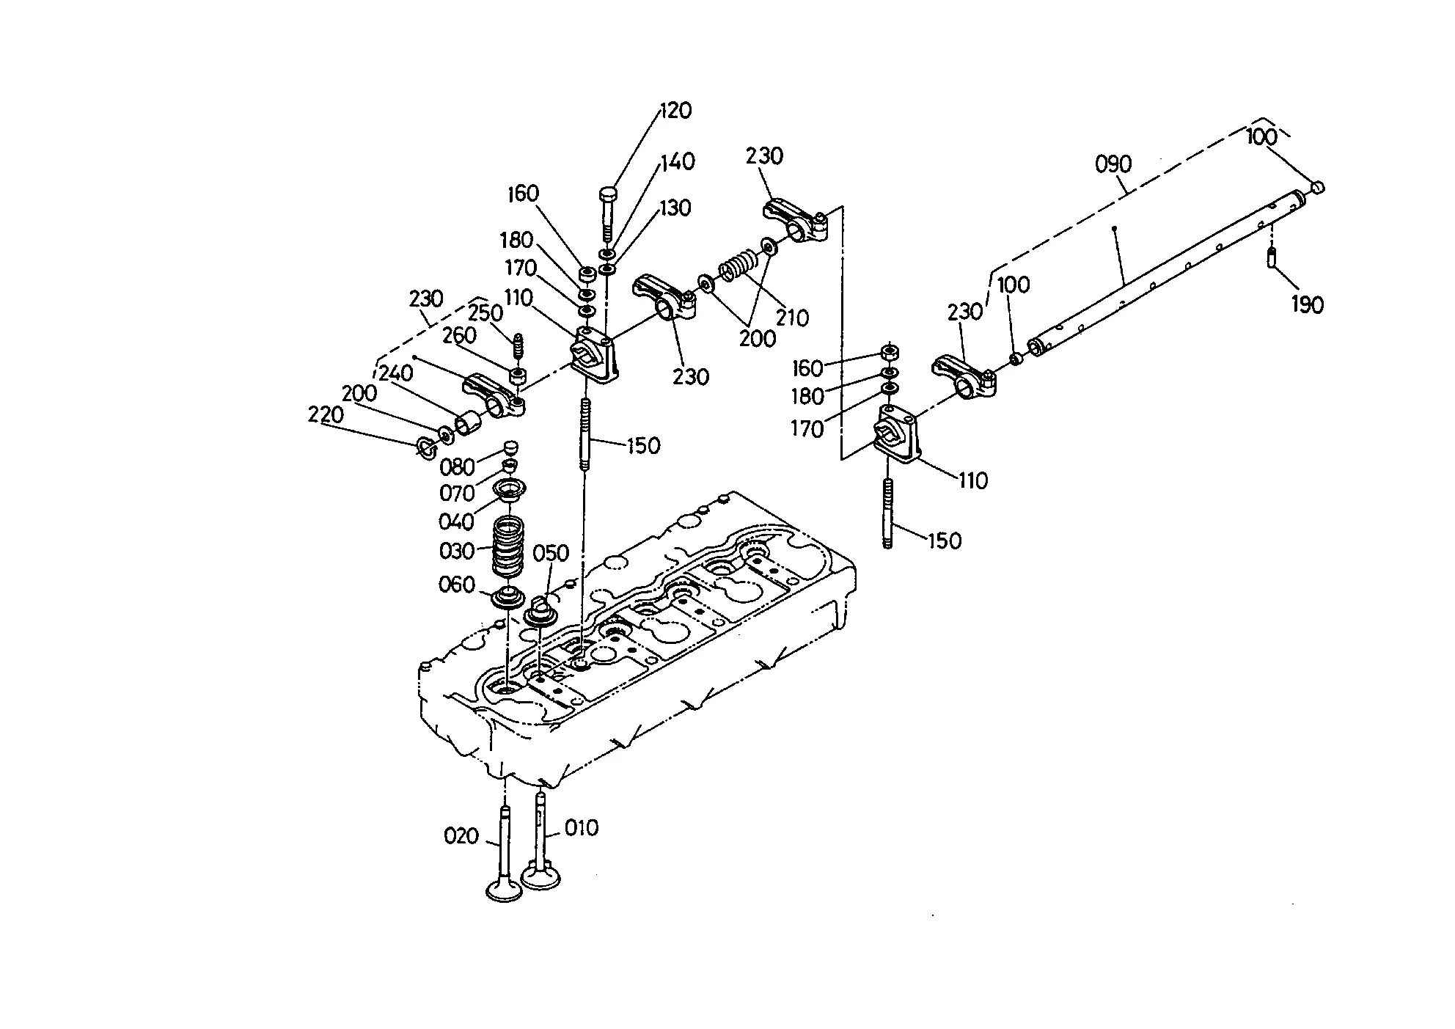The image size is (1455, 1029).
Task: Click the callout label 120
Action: click(676, 110)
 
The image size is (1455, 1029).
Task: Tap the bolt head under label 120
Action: click(609, 195)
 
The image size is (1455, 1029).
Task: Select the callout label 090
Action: click(1113, 164)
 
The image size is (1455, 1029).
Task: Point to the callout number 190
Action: click(1308, 304)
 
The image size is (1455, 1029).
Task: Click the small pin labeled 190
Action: click(1272, 259)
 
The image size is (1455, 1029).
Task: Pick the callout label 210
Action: click(792, 318)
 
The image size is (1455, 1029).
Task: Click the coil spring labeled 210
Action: click(738, 266)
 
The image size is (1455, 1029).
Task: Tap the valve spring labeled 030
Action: click(509, 546)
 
